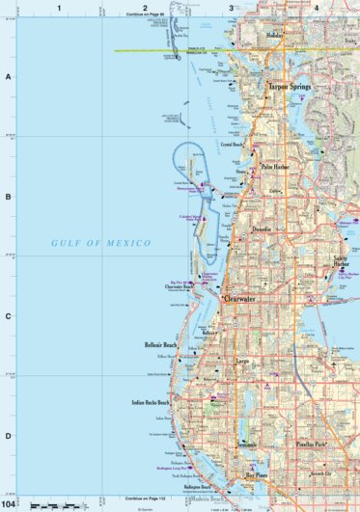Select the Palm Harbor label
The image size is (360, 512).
click(x=278, y=166)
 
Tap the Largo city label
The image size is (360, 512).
click(x=243, y=362)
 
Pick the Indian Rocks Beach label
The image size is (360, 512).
click(x=151, y=402)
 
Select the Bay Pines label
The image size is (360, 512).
click(x=255, y=475)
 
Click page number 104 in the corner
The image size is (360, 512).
click(x=10, y=503)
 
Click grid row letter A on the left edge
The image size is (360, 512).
click(x=9, y=77)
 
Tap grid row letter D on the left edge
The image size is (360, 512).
click(x=9, y=436)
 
